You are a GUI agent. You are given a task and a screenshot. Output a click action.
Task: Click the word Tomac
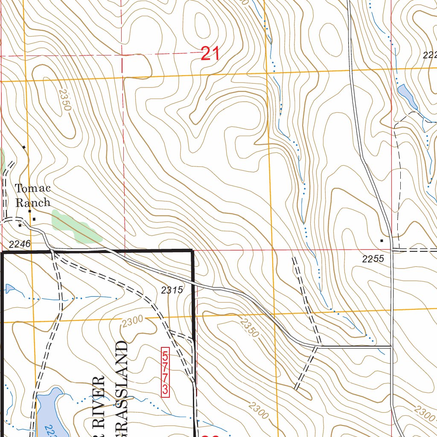tap(33, 188)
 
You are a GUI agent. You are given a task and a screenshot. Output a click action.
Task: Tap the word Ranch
tap(33, 202)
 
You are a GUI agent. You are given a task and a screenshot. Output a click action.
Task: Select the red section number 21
tap(210, 54)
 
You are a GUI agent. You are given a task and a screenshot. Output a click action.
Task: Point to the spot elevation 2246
tap(20, 244)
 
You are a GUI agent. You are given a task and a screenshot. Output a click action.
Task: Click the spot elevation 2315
tap(172, 290)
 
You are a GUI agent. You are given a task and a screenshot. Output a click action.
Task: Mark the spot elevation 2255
tap(373, 259)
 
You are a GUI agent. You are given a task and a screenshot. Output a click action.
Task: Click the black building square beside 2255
tap(382, 241)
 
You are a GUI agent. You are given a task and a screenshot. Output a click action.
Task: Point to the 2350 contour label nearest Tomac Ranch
tap(64, 100)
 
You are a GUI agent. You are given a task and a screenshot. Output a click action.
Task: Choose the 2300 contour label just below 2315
tap(132, 322)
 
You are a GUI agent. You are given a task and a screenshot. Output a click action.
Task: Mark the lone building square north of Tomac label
tap(24, 147)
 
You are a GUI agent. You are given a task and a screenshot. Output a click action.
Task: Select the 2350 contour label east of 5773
tap(249, 328)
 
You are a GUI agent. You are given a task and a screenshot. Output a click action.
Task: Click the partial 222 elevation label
tap(429, 55)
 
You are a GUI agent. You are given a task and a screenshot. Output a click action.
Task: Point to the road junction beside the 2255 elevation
tap(392, 250)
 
